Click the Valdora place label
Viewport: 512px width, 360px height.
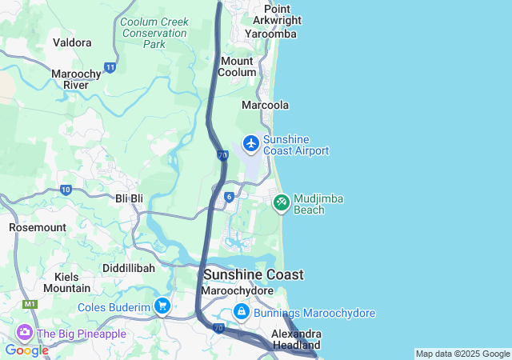click(x=71, y=42)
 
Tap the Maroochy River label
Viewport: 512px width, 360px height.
click(x=75, y=79)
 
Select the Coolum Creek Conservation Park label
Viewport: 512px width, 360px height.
click(x=154, y=33)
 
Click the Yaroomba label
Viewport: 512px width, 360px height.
click(x=271, y=34)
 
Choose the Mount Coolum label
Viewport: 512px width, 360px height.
click(x=238, y=66)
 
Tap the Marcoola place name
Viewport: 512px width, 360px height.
click(x=265, y=106)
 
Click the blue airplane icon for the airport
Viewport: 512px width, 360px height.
click(x=251, y=143)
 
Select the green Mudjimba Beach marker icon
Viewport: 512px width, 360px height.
click(x=281, y=202)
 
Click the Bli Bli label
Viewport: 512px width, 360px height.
click(x=129, y=198)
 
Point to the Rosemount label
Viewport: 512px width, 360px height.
click(x=37, y=227)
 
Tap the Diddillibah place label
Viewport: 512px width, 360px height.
click(x=128, y=268)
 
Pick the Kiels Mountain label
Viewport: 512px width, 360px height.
click(x=66, y=282)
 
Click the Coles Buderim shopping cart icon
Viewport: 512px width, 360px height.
click(x=163, y=306)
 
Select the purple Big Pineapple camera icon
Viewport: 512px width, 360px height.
click(x=24, y=332)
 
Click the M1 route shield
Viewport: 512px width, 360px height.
click(x=31, y=305)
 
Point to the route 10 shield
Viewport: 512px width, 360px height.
click(x=66, y=190)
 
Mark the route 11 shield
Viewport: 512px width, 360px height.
click(x=110, y=67)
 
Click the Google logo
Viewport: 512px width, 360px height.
click(x=27, y=350)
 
